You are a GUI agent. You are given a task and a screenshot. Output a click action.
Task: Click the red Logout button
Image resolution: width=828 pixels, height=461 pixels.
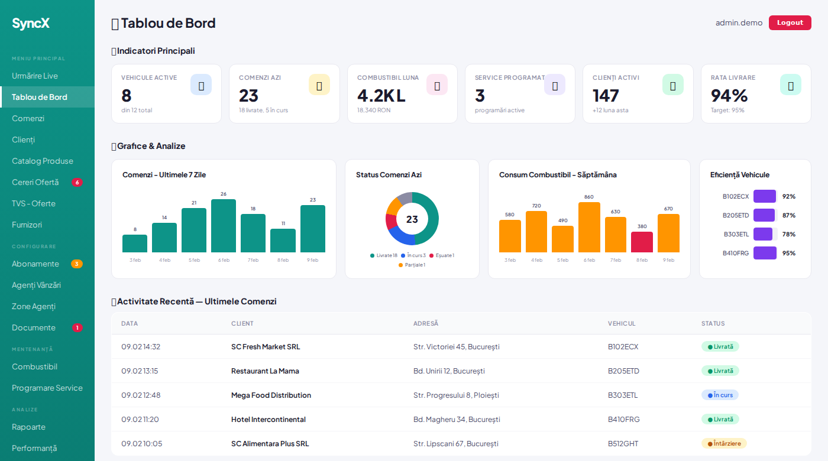click(x=790, y=22)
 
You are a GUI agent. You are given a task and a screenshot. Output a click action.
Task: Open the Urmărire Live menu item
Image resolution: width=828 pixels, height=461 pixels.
click(x=35, y=76)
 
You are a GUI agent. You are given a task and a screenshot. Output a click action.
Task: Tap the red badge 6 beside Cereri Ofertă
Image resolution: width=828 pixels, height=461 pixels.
click(x=77, y=182)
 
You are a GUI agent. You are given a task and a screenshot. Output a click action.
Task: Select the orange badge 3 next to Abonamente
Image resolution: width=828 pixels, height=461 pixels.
click(x=77, y=264)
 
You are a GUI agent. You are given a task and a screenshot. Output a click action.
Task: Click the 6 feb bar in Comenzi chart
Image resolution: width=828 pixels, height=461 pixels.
click(x=224, y=226)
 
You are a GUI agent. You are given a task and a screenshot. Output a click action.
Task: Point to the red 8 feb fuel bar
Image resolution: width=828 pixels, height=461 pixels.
click(x=642, y=242)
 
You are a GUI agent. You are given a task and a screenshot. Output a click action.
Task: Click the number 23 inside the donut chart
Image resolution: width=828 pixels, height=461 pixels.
click(x=412, y=219)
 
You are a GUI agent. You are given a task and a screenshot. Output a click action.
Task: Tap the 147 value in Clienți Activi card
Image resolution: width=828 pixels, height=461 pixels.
click(x=606, y=95)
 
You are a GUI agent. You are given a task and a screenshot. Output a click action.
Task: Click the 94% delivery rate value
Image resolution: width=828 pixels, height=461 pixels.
click(x=729, y=95)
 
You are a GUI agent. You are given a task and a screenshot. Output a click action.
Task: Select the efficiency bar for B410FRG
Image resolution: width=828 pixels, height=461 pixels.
click(x=765, y=253)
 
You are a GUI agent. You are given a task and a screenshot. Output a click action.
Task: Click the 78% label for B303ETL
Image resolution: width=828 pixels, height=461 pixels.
click(x=788, y=234)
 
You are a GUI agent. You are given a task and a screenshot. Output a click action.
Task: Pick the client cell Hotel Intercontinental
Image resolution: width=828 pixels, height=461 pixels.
click(x=269, y=419)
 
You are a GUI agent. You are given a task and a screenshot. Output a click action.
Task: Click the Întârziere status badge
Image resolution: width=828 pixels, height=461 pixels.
click(x=724, y=443)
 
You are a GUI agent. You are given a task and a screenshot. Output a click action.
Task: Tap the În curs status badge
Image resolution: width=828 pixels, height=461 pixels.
click(x=720, y=395)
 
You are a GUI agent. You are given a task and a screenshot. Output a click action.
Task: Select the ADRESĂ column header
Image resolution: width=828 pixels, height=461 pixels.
click(x=426, y=323)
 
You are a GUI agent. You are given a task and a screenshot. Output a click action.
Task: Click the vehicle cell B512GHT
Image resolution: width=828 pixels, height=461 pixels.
click(x=623, y=443)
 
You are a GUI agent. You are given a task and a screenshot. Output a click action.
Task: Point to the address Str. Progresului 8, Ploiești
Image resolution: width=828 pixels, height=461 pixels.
click(x=456, y=395)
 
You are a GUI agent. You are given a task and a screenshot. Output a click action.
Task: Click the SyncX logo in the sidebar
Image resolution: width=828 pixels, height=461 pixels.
click(x=31, y=24)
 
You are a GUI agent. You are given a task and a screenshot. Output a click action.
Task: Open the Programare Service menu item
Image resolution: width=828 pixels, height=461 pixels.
click(x=47, y=388)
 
